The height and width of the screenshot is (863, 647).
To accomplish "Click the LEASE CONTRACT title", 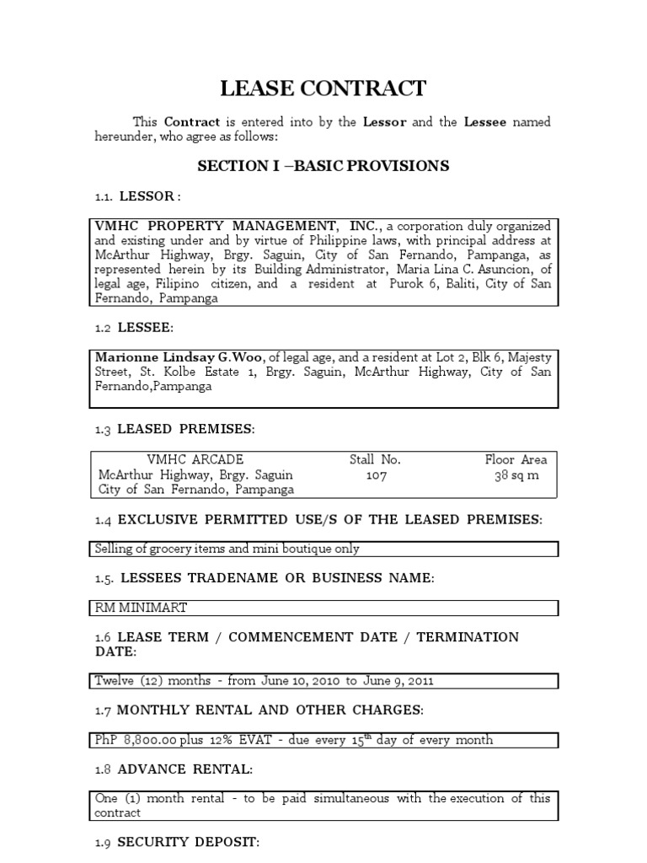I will point(323,88).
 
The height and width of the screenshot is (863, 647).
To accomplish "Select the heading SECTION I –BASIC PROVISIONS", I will point(323,166).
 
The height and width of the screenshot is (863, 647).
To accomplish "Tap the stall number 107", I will point(376,475).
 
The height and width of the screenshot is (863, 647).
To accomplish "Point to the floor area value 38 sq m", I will point(516,475).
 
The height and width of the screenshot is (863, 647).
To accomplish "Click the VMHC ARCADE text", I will point(195,460).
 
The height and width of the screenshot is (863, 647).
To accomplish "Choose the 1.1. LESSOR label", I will point(136,196).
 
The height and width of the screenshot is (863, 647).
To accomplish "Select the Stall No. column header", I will point(376,460).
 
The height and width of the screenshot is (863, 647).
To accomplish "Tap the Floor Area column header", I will point(516,460).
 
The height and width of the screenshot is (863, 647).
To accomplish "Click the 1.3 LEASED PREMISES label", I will point(174,429).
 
